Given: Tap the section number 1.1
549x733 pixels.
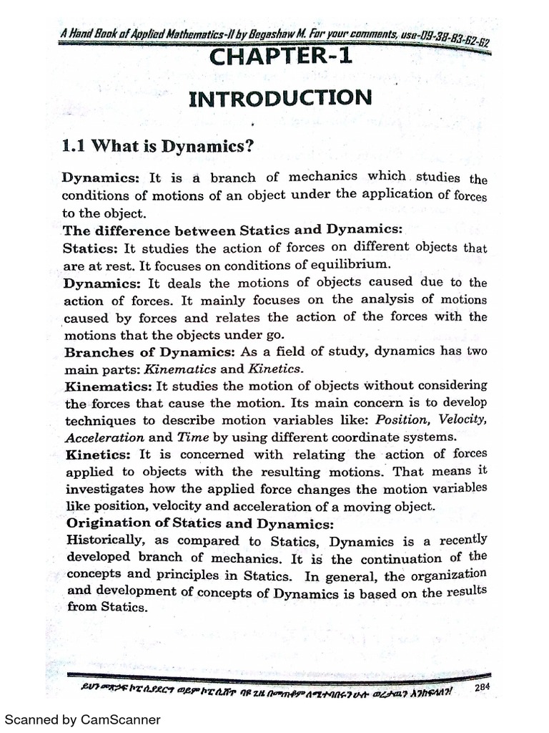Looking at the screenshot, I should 74,147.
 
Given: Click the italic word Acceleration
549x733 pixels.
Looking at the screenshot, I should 105,437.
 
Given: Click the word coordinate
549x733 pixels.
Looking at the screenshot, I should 373,436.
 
